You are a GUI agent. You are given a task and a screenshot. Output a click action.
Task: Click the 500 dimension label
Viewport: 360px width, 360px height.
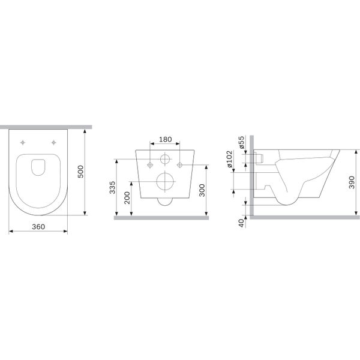(81, 172)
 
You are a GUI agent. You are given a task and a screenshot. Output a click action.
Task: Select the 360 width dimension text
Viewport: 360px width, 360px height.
(38, 227)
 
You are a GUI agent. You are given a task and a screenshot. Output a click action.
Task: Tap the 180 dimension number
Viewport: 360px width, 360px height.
(166, 139)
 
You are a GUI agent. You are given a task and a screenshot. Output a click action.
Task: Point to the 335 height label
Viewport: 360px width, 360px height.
(112, 188)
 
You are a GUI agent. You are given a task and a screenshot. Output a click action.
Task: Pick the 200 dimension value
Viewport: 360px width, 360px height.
(127, 198)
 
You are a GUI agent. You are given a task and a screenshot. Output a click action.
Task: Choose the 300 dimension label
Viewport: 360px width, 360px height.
(202, 190)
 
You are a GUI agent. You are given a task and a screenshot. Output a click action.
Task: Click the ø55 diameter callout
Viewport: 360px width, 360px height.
(242, 142)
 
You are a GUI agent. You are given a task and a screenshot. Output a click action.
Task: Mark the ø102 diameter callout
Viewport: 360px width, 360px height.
(230, 159)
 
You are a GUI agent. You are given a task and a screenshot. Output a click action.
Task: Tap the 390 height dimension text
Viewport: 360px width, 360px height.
(352, 182)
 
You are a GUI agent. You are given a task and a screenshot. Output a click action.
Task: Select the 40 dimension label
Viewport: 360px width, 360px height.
(241, 223)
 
